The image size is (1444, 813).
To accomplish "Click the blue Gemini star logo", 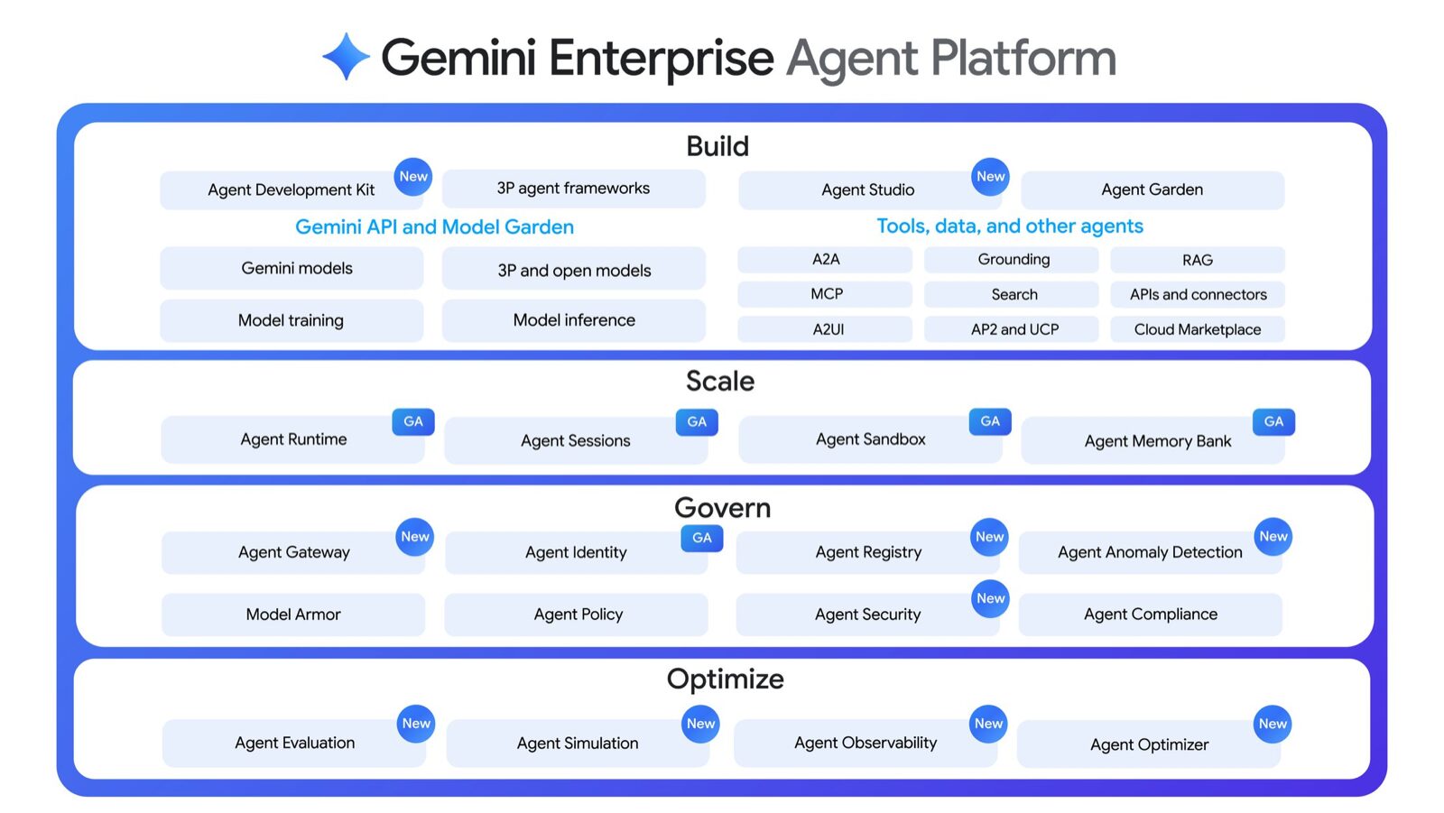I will pos(346,57).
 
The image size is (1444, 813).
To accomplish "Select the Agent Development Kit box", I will pos(291,190).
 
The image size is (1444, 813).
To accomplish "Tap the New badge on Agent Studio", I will pos(990,177).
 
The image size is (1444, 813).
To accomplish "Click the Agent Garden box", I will pos(1152,190).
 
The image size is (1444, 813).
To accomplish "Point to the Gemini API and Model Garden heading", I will pos(434,227).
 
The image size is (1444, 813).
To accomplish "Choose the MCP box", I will pos(826,294).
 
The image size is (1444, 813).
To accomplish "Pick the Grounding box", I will pos(1013,260).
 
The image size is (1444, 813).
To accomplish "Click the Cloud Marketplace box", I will pos(1197,329).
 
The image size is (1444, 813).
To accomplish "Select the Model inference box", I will pos(573,320).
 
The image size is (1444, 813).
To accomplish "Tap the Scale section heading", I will pos(719,382).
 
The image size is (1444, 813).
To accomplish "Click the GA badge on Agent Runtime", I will pos(413,421).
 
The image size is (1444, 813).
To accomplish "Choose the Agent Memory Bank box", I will pos(1156,441).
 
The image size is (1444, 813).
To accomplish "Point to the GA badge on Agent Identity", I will pos(701,538).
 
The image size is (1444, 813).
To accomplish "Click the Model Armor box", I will pos(293,614).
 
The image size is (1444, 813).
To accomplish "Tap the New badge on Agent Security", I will pos(990,598).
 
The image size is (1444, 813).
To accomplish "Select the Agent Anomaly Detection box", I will pos(1149,552).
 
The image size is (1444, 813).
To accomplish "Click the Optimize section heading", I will pos(725,679).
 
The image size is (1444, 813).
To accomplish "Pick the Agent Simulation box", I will pos(577,744).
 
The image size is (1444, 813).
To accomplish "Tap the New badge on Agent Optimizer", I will pos(1273,724).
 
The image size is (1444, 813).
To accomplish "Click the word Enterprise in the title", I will pos(661,58).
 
